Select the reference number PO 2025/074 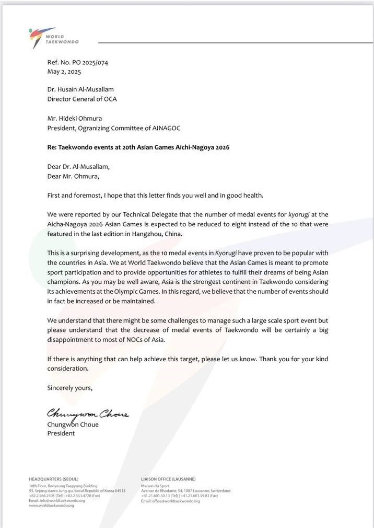click(88, 63)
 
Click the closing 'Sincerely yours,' click(70, 388)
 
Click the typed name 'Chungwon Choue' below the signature click(73, 424)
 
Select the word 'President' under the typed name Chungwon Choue click(61, 433)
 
